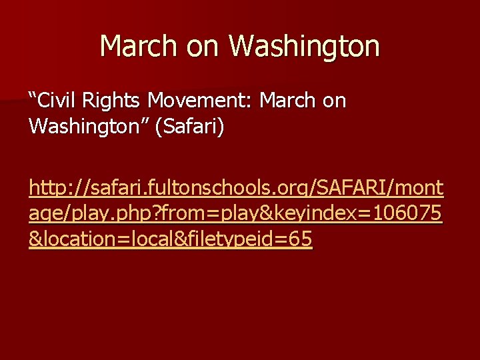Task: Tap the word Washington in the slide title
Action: click(x=305, y=47)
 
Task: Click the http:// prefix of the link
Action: click(x=56, y=191)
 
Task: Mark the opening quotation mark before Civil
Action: click(x=33, y=99)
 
